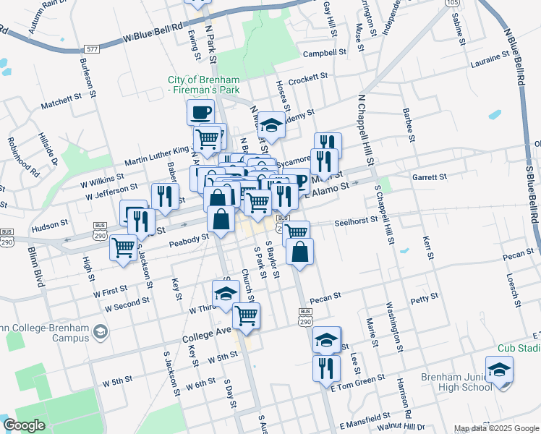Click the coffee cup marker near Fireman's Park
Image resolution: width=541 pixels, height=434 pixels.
click(x=200, y=112)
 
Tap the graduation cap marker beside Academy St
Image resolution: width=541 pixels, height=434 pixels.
click(x=272, y=125)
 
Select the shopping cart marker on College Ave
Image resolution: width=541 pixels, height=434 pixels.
click(x=246, y=316)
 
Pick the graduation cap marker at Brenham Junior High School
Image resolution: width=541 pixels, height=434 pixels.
click(x=499, y=370)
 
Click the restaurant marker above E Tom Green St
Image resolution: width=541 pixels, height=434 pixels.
click(x=326, y=368)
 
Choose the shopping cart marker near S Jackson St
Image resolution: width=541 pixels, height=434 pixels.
click(x=124, y=248)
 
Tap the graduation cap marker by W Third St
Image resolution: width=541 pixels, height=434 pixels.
click(x=225, y=294)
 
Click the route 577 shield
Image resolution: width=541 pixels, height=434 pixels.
click(x=91, y=48)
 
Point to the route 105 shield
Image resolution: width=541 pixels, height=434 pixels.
click(x=452, y=3)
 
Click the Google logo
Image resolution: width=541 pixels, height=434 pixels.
click(x=25, y=425)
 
